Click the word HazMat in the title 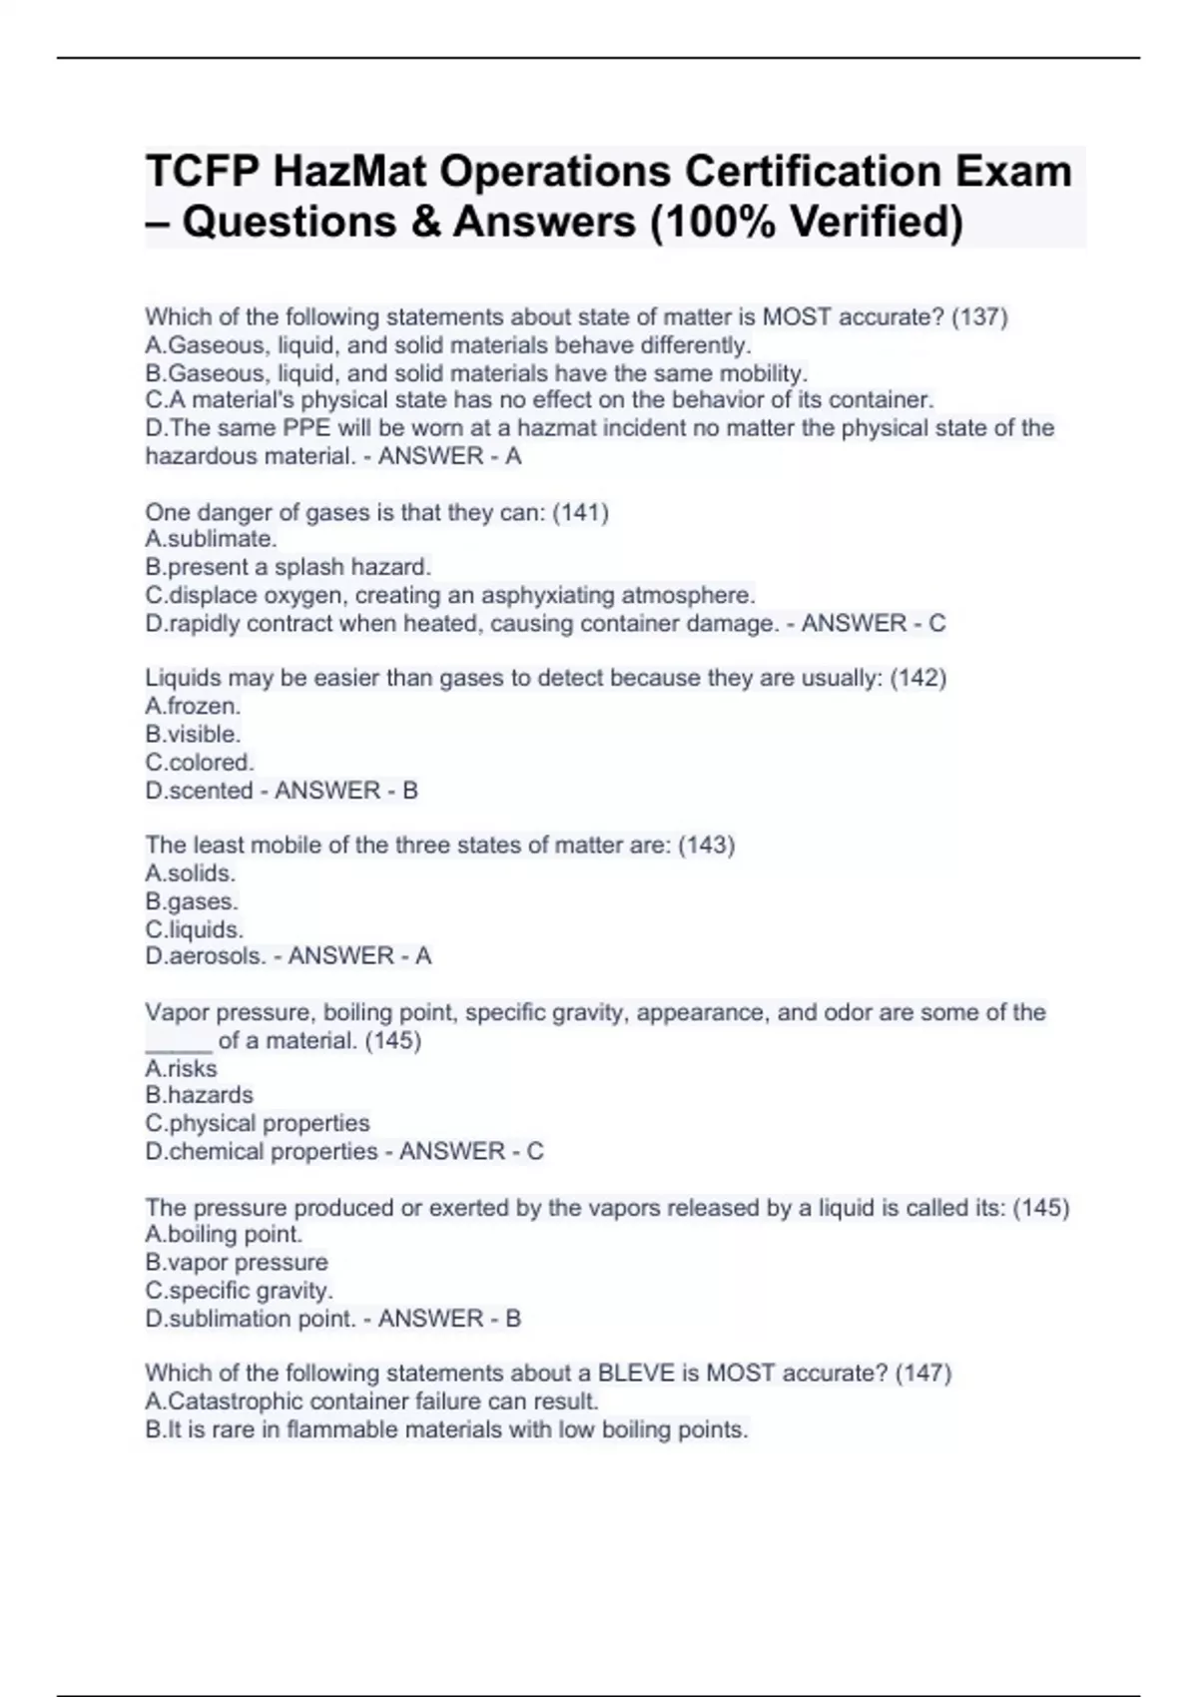click(348, 171)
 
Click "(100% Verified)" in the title click(807, 222)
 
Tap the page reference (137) click(979, 317)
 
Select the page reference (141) click(580, 512)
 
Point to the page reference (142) click(917, 678)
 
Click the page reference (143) click(706, 846)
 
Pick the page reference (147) click(922, 1374)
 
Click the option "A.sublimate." click(211, 540)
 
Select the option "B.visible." click(193, 735)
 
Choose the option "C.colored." click(200, 763)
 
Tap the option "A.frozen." click(193, 707)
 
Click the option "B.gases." click(192, 901)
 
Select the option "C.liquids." click(195, 929)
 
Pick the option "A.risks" click(181, 1068)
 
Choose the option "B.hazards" click(199, 1095)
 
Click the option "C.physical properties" click(258, 1123)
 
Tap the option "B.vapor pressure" click(237, 1263)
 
